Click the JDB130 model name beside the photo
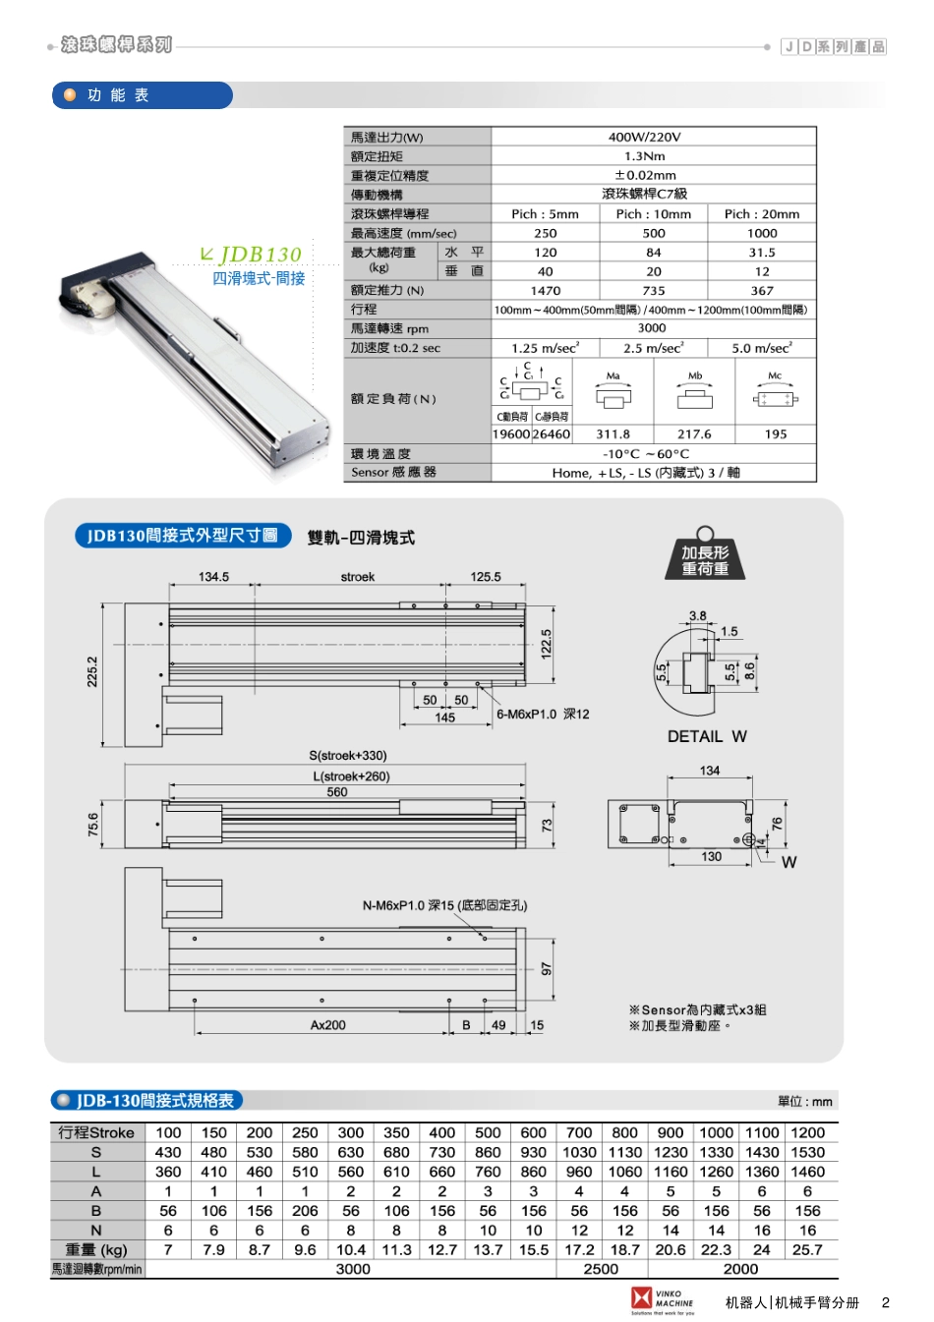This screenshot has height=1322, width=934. (260, 255)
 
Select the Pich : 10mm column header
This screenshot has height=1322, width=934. (653, 214)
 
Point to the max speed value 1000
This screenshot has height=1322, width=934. (762, 234)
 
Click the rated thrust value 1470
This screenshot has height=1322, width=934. (545, 291)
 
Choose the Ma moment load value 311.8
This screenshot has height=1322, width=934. (613, 434)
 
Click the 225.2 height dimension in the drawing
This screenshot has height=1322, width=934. (92, 672)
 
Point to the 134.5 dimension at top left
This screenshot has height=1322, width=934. (213, 577)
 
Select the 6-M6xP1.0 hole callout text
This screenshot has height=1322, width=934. (543, 715)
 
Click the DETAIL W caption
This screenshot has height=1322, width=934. (707, 737)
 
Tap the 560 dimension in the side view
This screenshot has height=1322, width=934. (336, 792)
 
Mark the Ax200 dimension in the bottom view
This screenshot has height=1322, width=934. (327, 1025)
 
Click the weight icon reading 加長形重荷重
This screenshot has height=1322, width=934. (705, 557)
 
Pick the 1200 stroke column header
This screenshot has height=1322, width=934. (807, 1132)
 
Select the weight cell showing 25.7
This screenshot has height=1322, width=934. (807, 1250)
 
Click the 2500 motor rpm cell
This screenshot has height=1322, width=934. (601, 1269)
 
